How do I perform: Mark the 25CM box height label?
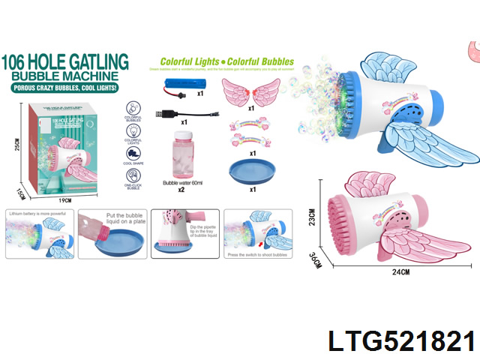click(18, 143)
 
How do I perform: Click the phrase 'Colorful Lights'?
click(190, 61)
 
